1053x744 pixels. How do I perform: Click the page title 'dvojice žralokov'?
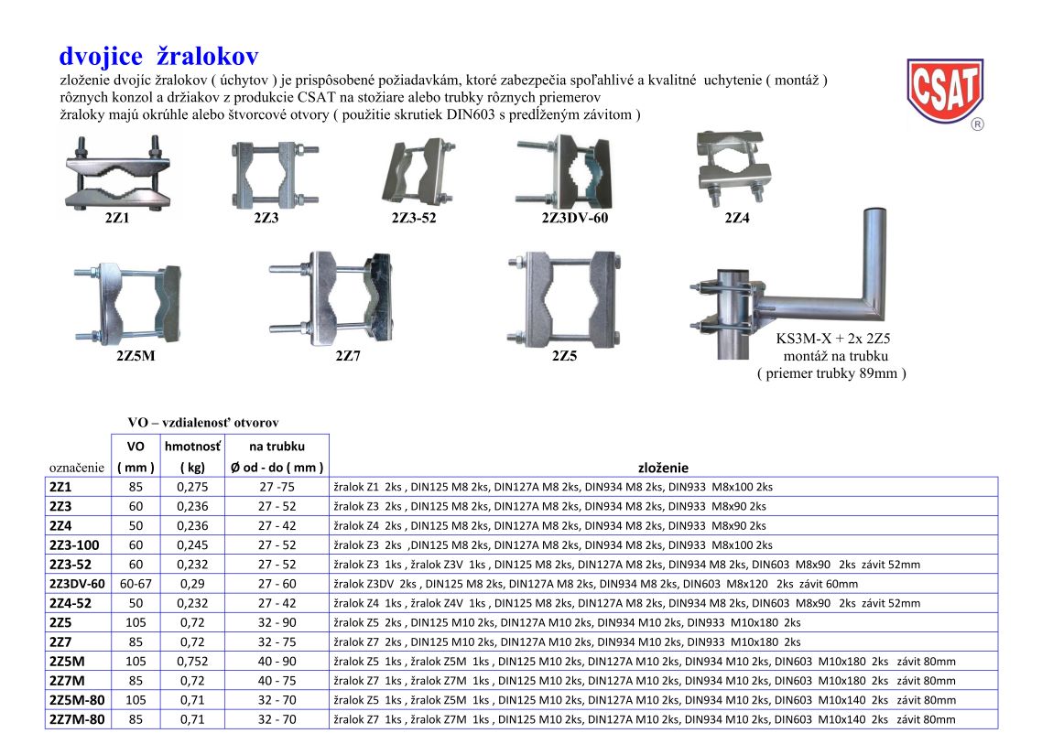click(x=158, y=57)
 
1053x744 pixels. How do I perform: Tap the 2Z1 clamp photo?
click(x=117, y=174)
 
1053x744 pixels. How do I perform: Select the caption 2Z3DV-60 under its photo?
click(x=575, y=218)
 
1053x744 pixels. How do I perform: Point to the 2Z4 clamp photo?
click(x=734, y=165)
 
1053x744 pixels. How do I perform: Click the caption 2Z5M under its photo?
click(x=136, y=356)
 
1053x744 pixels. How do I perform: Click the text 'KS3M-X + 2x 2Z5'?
click(x=832, y=339)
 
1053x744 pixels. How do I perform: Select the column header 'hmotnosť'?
click(x=192, y=447)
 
